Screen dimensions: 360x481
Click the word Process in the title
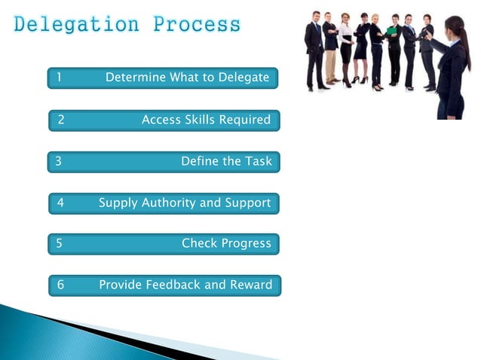(x=197, y=25)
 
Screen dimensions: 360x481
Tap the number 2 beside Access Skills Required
(x=61, y=119)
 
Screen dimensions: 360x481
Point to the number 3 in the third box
(x=58, y=161)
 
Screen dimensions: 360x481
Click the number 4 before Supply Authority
(x=60, y=203)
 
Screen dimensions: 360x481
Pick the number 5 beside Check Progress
(x=59, y=243)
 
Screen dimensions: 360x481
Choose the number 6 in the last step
(x=60, y=285)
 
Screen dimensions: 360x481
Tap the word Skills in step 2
(x=199, y=119)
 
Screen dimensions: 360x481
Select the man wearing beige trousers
(x=330, y=53)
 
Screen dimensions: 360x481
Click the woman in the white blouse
(x=345, y=45)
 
